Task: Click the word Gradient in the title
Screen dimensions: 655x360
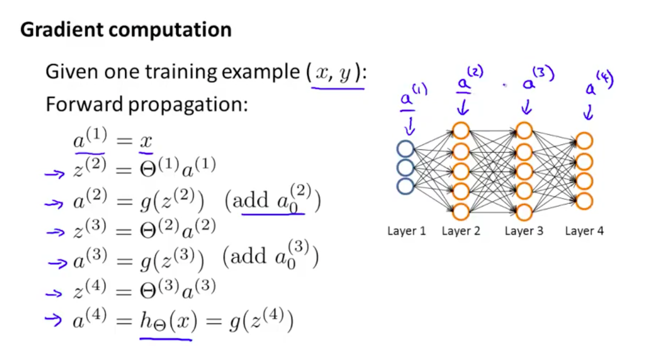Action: coord(62,30)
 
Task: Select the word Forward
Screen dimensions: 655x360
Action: coord(84,104)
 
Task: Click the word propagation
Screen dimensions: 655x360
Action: coord(188,106)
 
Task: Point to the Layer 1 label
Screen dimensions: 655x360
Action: coord(406,231)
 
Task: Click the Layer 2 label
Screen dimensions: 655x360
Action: coord(461,231)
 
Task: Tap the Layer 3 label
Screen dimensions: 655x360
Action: coord(524,231)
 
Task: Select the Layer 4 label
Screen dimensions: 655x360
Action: coord(584,231)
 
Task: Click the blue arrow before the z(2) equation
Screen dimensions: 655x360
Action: coord(54,174)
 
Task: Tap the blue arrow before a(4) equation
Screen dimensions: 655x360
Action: coord(53,320)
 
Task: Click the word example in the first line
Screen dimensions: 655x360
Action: coord(261,73)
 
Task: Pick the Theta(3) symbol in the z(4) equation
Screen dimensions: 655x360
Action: coord(159,289)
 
